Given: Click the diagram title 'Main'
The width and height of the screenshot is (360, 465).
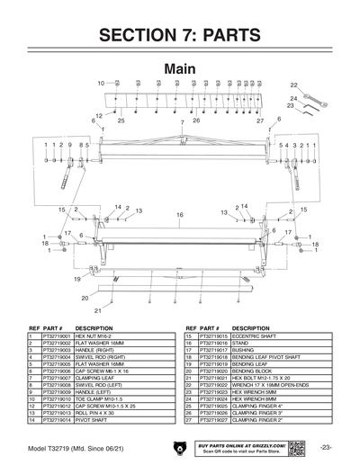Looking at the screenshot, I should point(181,69).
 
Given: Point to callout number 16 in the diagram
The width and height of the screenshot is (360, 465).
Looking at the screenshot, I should point(179,215).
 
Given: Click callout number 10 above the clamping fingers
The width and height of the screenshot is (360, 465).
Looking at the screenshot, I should point(101,83).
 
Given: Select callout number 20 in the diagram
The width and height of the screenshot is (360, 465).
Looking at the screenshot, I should point(85,297).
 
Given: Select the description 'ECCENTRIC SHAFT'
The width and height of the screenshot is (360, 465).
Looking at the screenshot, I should point(254,335).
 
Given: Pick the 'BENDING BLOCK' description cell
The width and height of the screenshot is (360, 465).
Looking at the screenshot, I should point(251,370).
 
